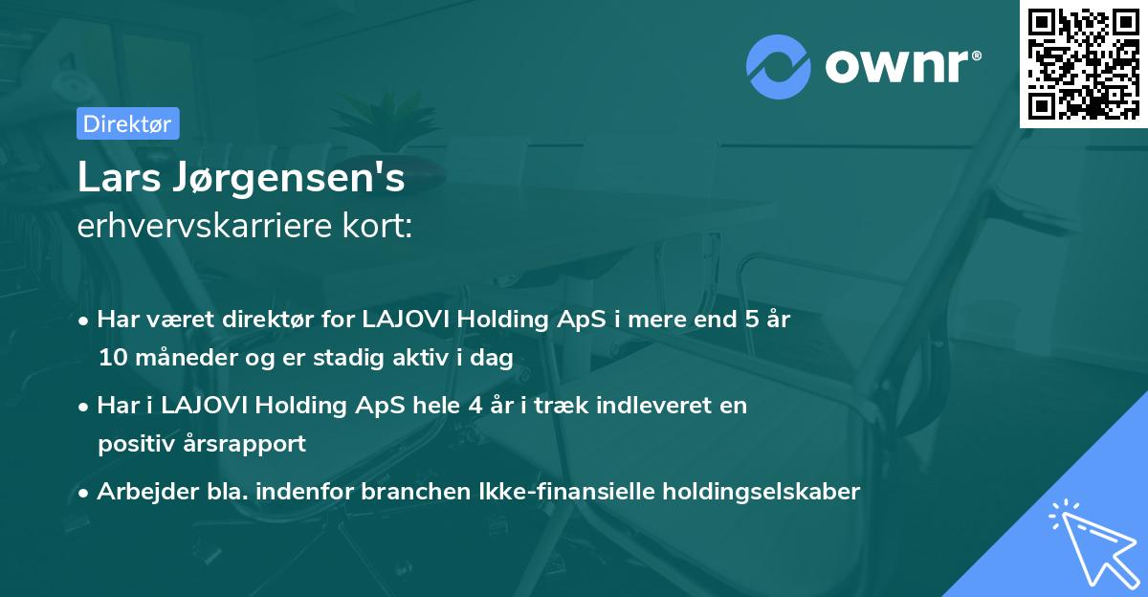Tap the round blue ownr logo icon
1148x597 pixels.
click(x=779, y=65)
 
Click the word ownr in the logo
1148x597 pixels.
click(x=897, y=64)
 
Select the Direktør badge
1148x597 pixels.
click(x=126, y=123)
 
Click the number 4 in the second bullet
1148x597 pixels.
click(x=475, y=405)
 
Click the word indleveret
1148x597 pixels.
click(x=659, y=405)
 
